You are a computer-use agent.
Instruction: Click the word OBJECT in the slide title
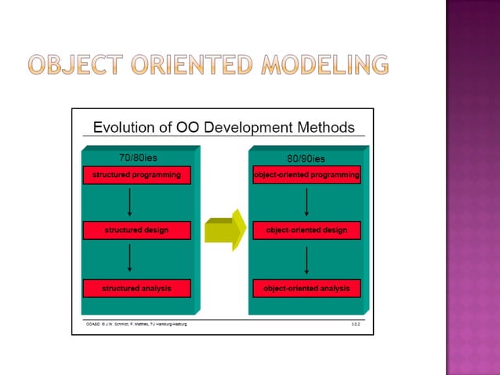click(x=72, y=64)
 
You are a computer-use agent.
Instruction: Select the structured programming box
click(x=136, y=175)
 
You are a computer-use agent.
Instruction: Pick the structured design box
click(x=136, y=231)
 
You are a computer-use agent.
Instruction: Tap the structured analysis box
click(x=136, y=289)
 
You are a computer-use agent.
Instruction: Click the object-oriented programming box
click(x=306, y=175)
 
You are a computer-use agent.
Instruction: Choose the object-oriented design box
click(x=306, y=231)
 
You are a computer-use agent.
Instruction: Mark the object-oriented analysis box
click(x=306, y=289)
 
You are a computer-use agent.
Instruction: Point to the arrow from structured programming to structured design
click(x=129, y=202)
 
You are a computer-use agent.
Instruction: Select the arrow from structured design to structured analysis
click(x=129, y=260)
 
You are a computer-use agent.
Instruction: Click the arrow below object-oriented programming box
click(x=306, y=202)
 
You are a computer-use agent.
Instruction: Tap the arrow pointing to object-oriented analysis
click(x=306, y=260)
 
